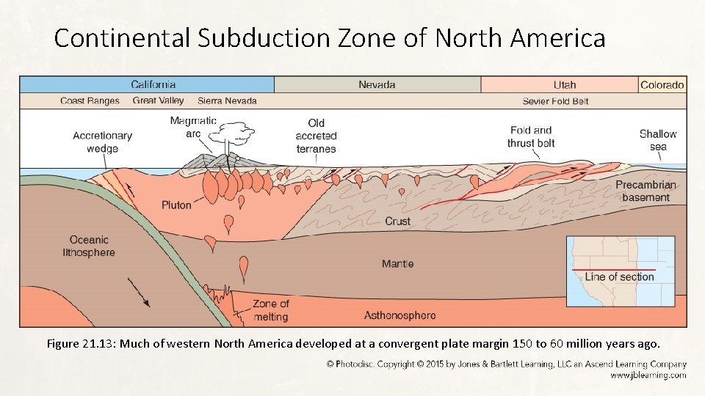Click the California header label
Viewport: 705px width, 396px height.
[x=153, y=84]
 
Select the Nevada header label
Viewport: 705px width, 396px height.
[x=377, y=84]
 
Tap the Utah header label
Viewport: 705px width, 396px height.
[x=565, y=84]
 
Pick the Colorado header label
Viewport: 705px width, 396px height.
[x=662, y=84]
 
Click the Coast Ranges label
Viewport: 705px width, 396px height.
[x=90, y=101]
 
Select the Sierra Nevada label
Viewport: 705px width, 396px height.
[x=227, y=101]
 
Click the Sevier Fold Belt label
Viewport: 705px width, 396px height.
[x=556, y=101]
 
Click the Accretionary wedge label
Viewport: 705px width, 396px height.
[x=102, y=142]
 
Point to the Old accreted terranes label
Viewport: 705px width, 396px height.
[x=316, y=136]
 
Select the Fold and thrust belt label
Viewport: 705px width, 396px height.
[x=530, y=136]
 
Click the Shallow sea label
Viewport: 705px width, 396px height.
[x=658, y=139]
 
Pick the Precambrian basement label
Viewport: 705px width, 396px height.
[x=646, y=191]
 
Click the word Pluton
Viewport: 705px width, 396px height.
[x=176, y=205]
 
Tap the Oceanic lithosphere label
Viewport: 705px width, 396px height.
[x=89, y=246]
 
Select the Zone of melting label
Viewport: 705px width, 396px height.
[x=270, y=310]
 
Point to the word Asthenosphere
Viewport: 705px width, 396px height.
[x=399, y=315]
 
